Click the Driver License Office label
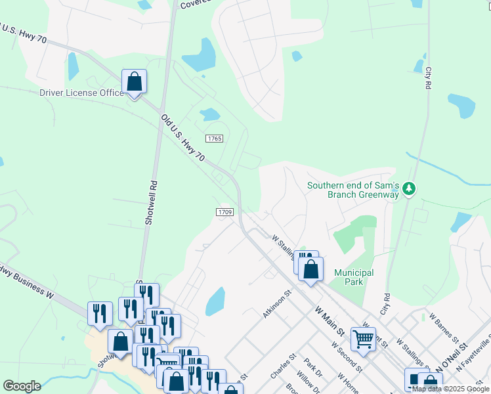81,93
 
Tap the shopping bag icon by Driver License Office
134,82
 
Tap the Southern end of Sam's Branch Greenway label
353,190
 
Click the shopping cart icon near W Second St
363,339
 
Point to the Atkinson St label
276,305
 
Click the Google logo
22,386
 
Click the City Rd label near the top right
428,77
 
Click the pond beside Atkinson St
215,301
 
